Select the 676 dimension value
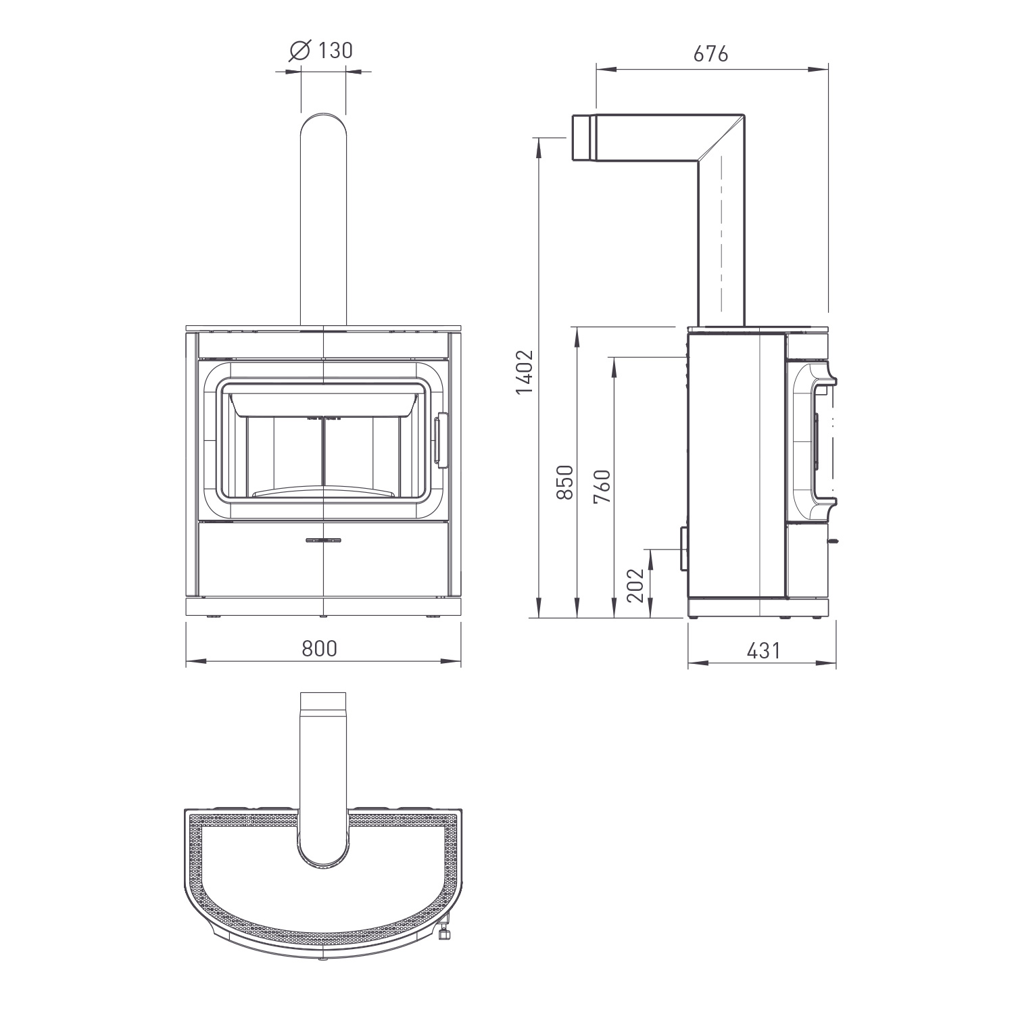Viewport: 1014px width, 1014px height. (711, 54)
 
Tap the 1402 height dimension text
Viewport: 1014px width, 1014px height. (525, 372)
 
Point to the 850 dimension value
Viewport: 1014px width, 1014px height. (564, 481)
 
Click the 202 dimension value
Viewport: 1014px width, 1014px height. (635, 584)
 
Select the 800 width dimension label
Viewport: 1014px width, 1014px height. (319, 649)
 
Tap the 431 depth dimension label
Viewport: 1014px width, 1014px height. (764, 650)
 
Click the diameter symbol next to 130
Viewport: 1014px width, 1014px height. (299, 51)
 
